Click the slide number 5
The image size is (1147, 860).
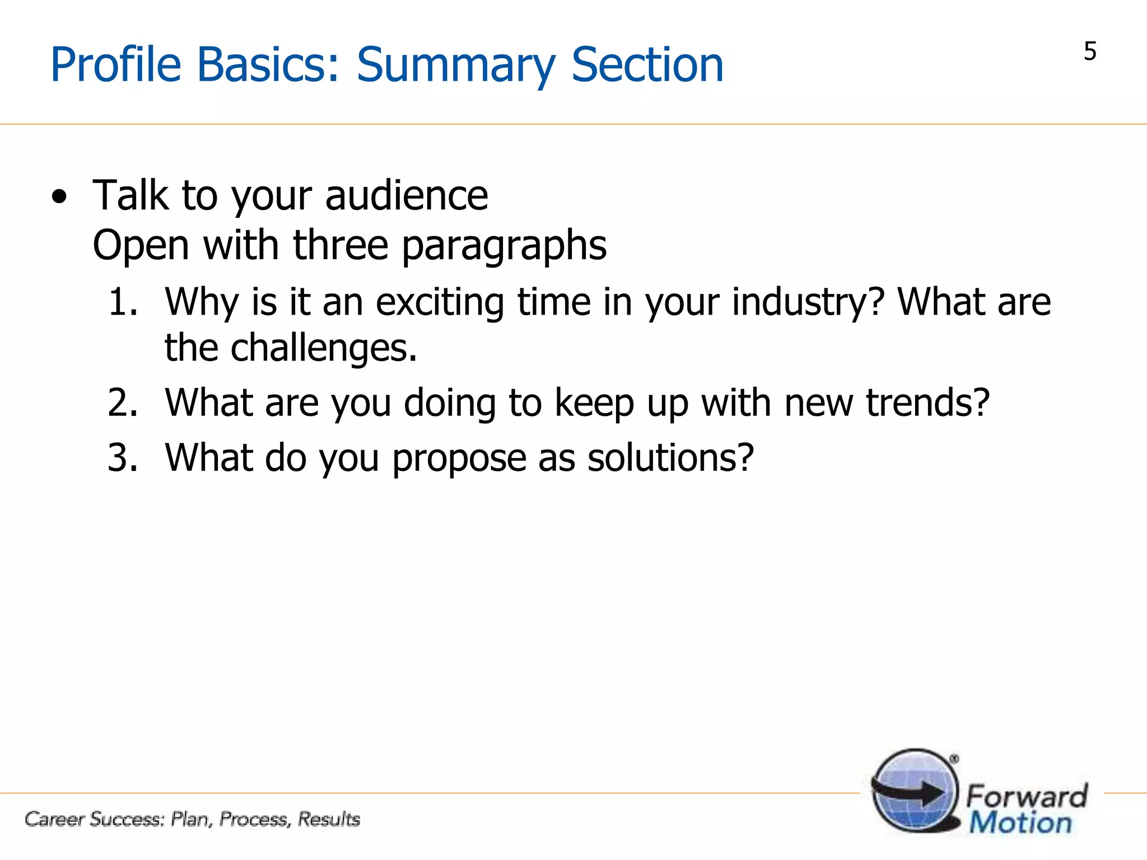[x=1089, y=52]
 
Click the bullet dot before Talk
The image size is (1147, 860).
[x=59, y=197]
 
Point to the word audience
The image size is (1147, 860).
[x=406, y=195]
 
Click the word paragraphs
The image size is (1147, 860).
[x=504, y=246]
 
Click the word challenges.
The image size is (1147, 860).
[x=324, y=348]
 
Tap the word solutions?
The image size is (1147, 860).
[x=670, y=457]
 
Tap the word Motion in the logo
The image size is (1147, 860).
[x=1020, y=823]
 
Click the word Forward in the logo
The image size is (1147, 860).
[x=1027, y=796]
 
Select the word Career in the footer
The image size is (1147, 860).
[x=54, y=819]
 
